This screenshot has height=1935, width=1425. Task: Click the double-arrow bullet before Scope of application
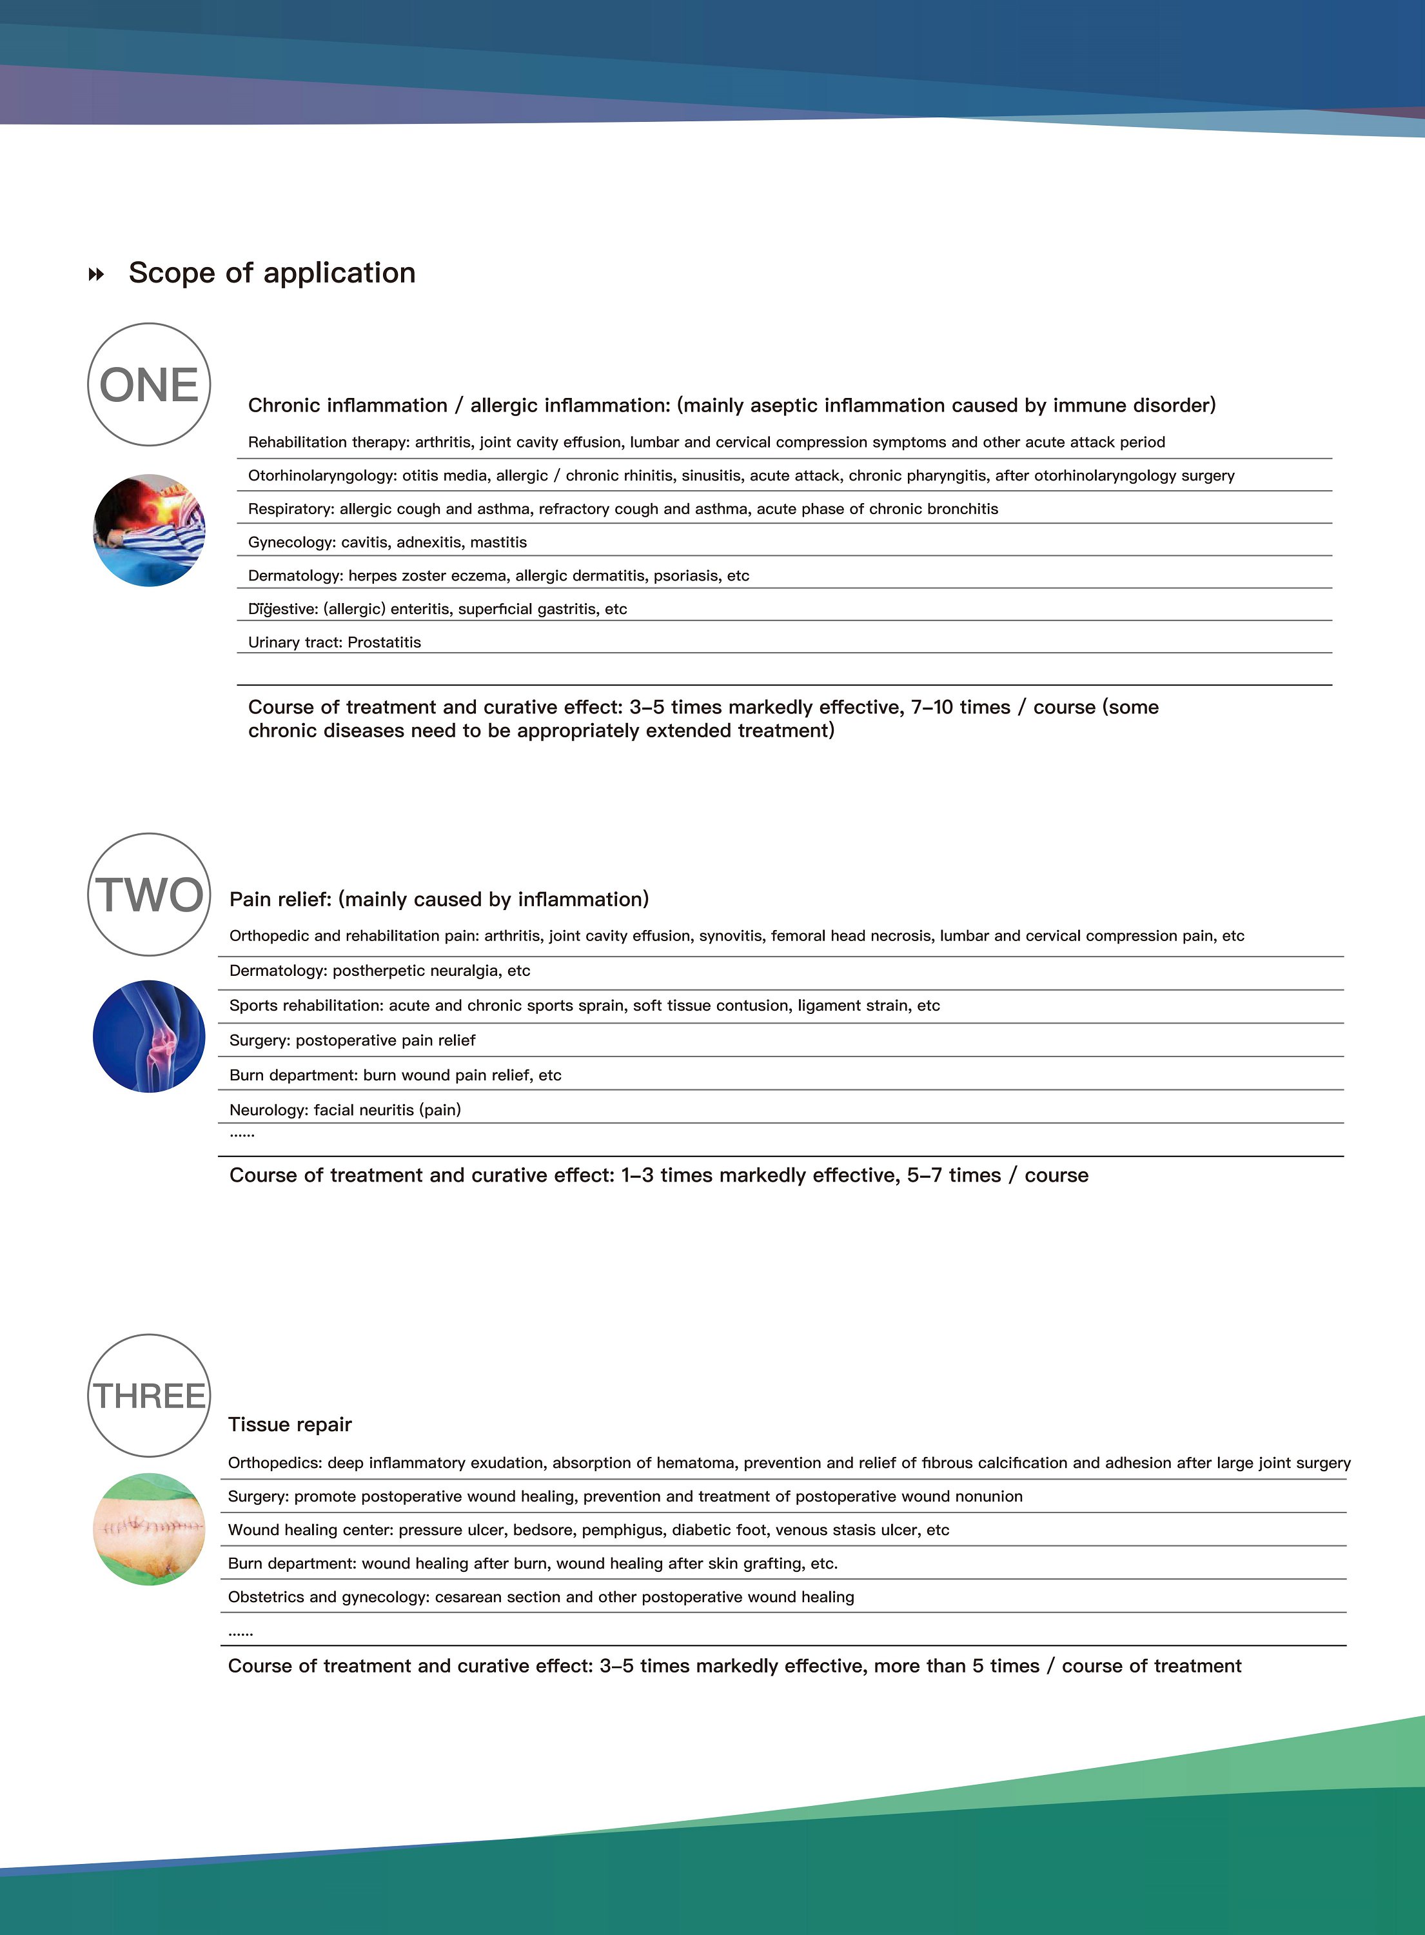tap(97, 274)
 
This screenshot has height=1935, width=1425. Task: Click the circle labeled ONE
tap(149, 385)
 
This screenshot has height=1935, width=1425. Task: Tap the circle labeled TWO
tap(149, 895)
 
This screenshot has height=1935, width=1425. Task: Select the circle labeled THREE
tap(149, 1396)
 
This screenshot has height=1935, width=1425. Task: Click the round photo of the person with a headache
tap(149, 531)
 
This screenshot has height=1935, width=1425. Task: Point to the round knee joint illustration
tap(149, 1036)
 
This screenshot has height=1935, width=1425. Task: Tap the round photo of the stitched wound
tap(149, 1529)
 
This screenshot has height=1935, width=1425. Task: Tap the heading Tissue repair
tap(290, 1424)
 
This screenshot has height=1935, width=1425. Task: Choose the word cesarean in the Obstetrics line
tap(467, 1597)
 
